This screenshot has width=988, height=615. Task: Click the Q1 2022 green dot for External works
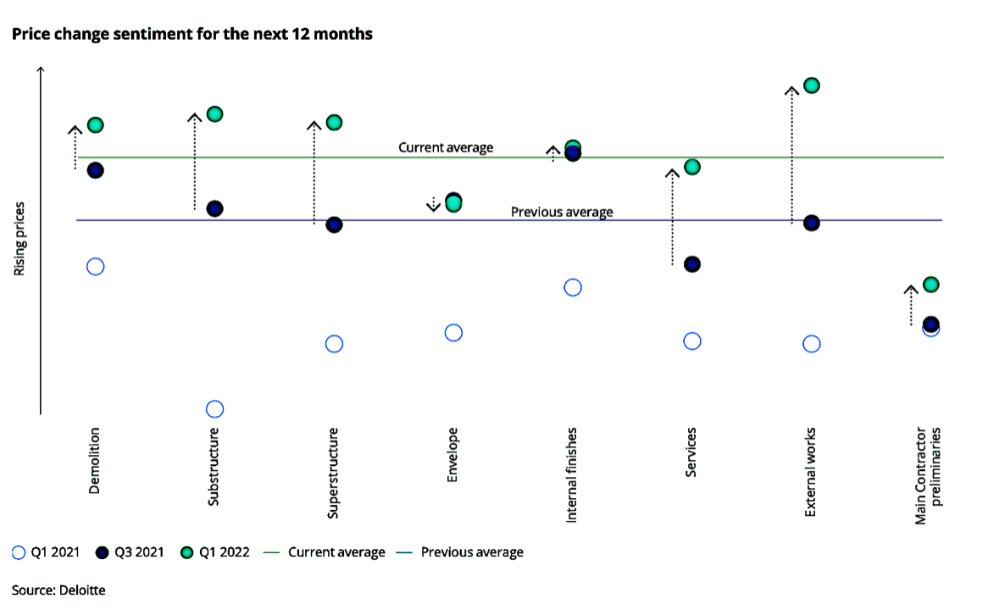pos(812,85)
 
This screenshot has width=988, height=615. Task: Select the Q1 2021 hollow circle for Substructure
pos(215,409)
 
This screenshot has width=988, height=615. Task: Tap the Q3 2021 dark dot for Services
pos(691,264)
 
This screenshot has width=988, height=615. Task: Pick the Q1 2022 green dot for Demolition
pos(95,125)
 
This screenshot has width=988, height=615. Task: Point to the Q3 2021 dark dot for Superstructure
pos(334,225)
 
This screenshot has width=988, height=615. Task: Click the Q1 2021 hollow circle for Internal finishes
pos(573,287)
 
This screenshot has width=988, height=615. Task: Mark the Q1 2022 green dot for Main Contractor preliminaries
pos(930,284)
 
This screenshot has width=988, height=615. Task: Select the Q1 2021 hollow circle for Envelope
pos(453,333)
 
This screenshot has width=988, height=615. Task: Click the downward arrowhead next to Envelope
pos(434,207)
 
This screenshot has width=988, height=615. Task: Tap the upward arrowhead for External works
pos(792,90)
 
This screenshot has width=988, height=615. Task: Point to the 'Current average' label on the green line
pos(446,147)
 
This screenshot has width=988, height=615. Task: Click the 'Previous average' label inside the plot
pos(562,212)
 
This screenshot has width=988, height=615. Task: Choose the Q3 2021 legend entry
pos(130,552)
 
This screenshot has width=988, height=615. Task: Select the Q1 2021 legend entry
pos(46,552)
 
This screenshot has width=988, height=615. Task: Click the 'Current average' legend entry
pos(325,552)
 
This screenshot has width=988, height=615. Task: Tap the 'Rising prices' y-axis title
pos(19,239)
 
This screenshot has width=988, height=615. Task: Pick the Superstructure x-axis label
pos(333,474)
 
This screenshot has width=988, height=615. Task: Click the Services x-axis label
pos(691,452)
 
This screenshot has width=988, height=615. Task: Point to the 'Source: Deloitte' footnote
pos(58,590)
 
